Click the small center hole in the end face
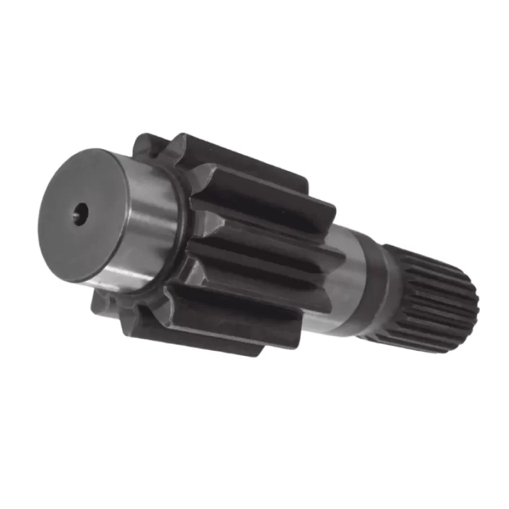pos(81,213)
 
